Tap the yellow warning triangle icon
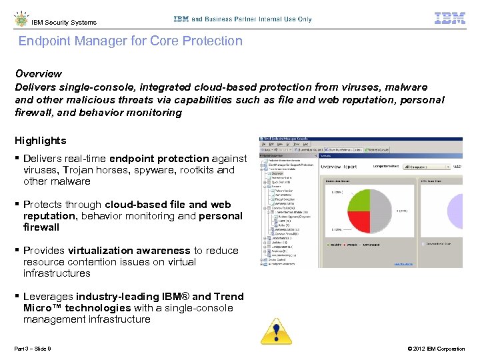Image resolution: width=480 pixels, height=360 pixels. tap(271, 330)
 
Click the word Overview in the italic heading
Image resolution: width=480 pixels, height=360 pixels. tap(38, 73)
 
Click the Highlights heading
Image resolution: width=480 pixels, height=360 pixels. tap(41, 141)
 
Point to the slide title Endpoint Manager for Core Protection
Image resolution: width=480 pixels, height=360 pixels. tap(130, 41)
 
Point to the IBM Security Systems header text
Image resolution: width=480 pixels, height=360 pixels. tap(64, 22)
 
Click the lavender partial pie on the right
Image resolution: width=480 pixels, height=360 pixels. tap(455, 211)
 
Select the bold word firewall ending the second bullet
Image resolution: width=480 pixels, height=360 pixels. tap(41, 227)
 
